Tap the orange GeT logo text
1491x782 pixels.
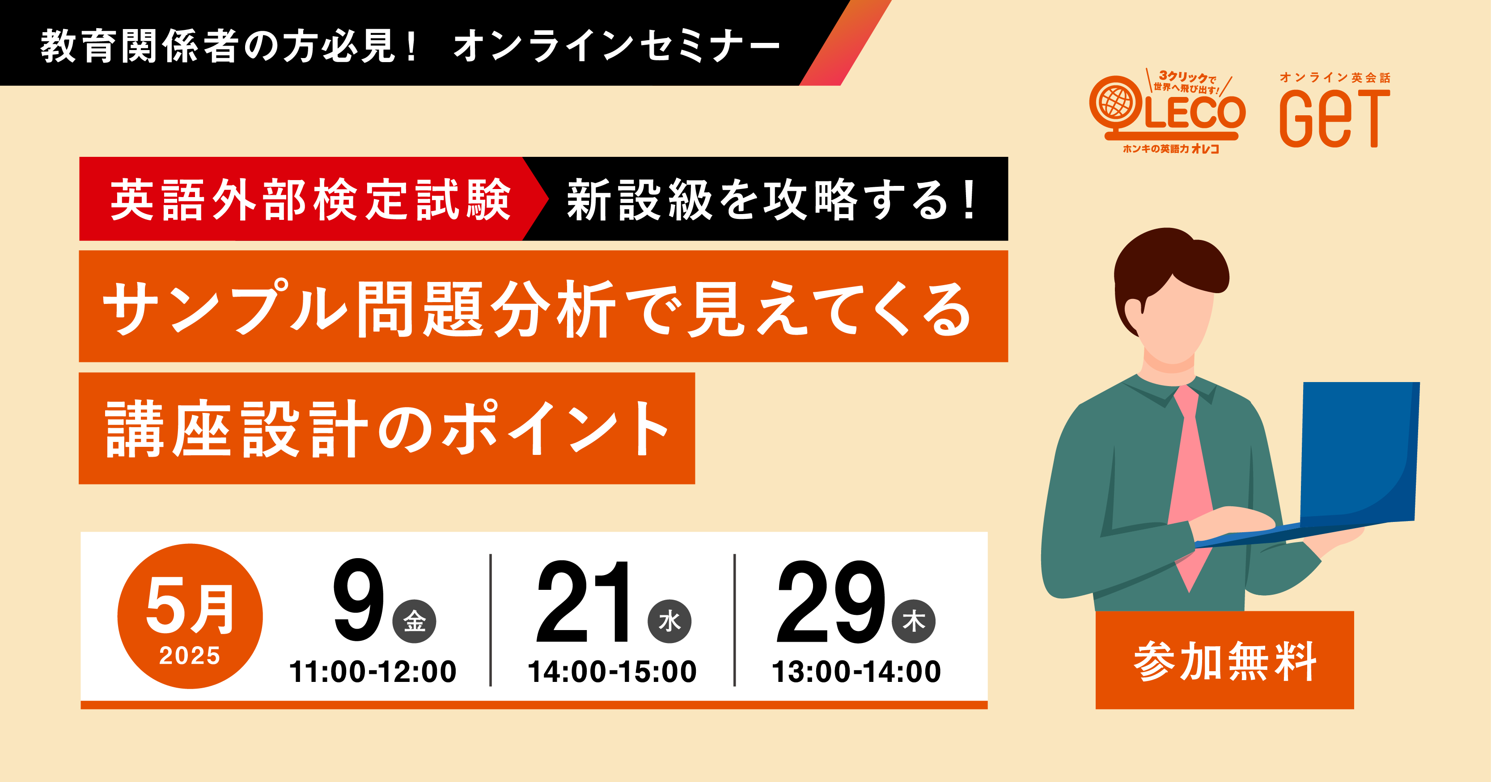click(x=1334, y=118)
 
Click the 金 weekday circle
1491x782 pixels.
click(x=415, y=622)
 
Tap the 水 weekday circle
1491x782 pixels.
click(x=669, y=622)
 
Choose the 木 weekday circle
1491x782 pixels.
click(x=914, y=622)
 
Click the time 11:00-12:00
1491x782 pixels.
click(x=373, y=672)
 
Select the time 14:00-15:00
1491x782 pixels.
click(x=612, y=672)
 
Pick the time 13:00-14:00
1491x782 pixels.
click(x=856, y=672)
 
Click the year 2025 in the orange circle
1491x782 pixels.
click(x=190, y=656)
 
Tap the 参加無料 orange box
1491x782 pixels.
click(x=1225, y=660)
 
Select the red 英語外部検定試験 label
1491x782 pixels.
click(x=310, y=199)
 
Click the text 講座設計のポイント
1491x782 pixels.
click(x=387, y=429)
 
